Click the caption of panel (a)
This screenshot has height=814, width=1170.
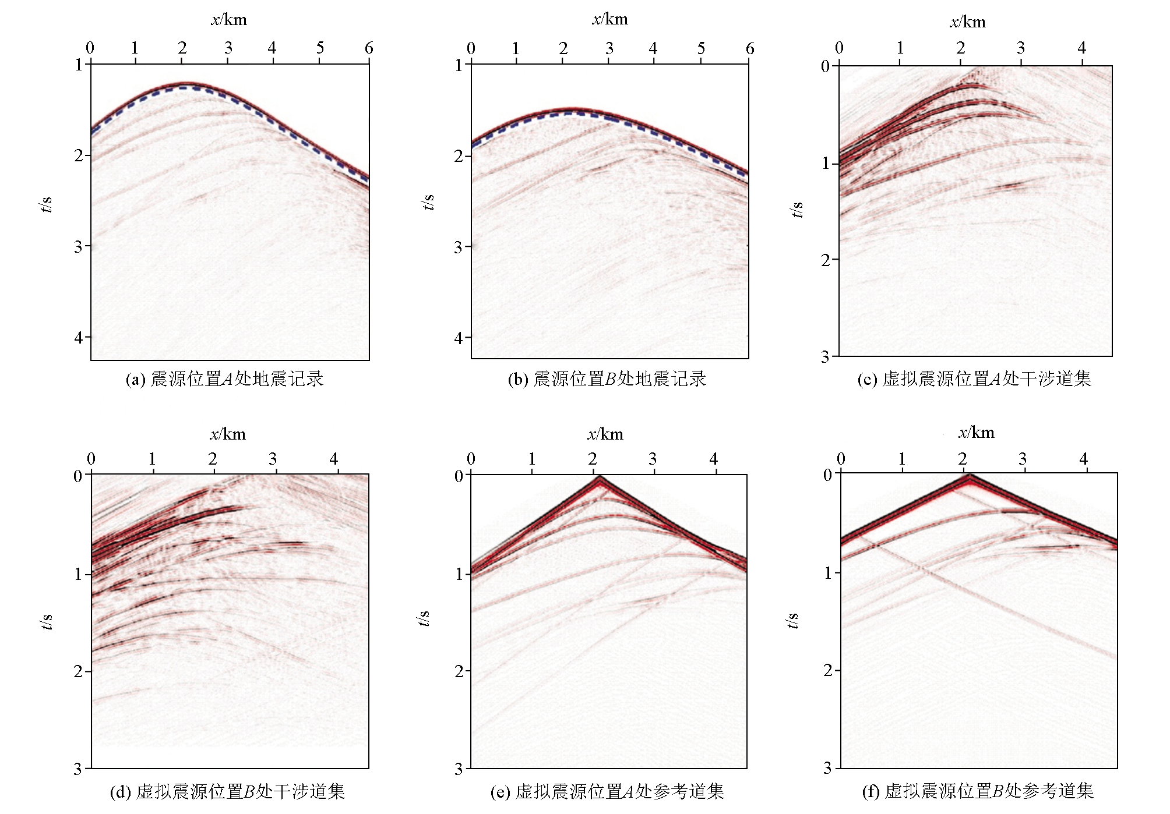[x=224, y=380]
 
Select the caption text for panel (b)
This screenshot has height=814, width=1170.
[x=607, y=380]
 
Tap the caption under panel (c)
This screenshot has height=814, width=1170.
[x=974, y=380]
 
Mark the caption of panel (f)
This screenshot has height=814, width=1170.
[x=977, y=791]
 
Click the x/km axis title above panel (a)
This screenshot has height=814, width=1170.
[x=228, y=20]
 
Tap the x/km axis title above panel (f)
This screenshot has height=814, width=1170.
[x=976, y=433]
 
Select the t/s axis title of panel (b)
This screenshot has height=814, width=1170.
[x=428, y=202]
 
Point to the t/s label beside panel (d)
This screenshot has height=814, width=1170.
[x=47, y=622]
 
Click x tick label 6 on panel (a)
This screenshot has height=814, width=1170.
[x=369, y=48]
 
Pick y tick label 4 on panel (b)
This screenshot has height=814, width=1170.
[x=459, y=338]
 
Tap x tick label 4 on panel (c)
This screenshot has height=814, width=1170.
[x=1081, y=48]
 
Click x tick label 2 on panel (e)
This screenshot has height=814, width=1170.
[x=592, y=459]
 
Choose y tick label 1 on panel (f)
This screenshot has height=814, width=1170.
[x=828, y=573]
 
